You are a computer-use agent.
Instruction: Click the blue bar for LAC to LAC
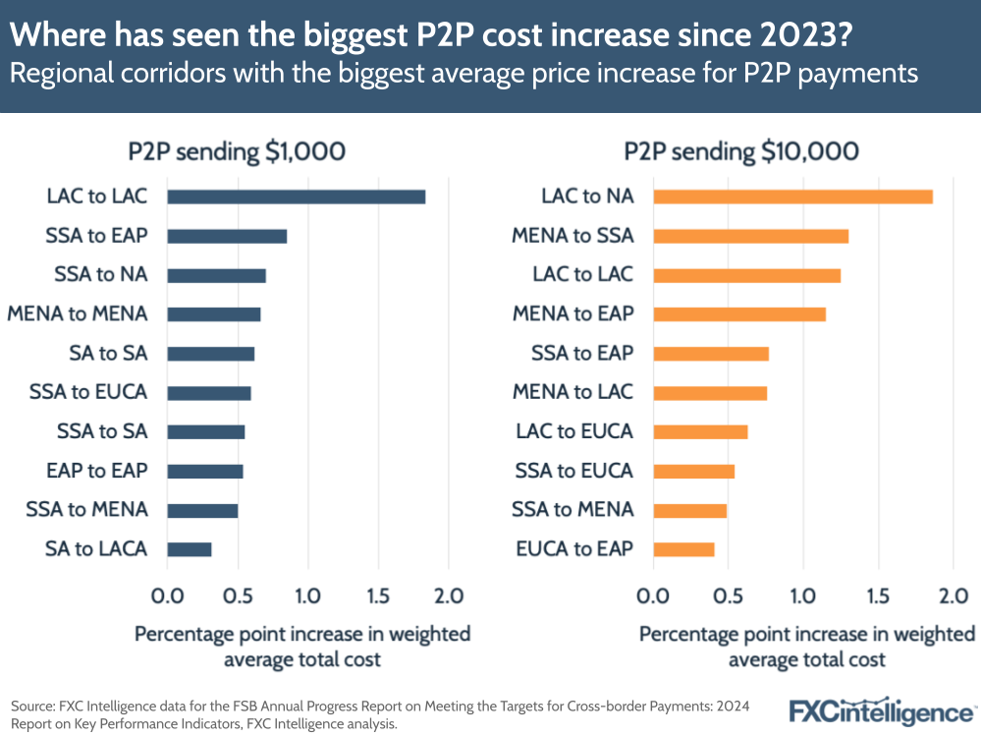[x=296, y=197]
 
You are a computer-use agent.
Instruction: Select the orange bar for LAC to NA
[x=791, y=197]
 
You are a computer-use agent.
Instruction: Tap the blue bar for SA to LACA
[x=190, y=549]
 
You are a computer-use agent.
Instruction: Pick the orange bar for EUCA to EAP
[x=683, y=549]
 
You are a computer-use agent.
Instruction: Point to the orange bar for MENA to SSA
[x=750, y=236]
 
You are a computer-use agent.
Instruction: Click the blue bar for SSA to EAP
[x=227, y=236]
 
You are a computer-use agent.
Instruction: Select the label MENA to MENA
[x=78, y=314]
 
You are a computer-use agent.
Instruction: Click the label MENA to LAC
[x=572, y=392]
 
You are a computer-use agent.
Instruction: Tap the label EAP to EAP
[x=96, y=471]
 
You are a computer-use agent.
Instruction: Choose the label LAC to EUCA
[x=574, y=431]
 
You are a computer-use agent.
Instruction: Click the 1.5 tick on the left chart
[x=378, y=595]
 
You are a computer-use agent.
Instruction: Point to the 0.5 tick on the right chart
[x=728, y=595]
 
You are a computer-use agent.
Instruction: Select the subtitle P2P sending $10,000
[x=741, y=151]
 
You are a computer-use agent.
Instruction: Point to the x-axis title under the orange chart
[x=807, y=646]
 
